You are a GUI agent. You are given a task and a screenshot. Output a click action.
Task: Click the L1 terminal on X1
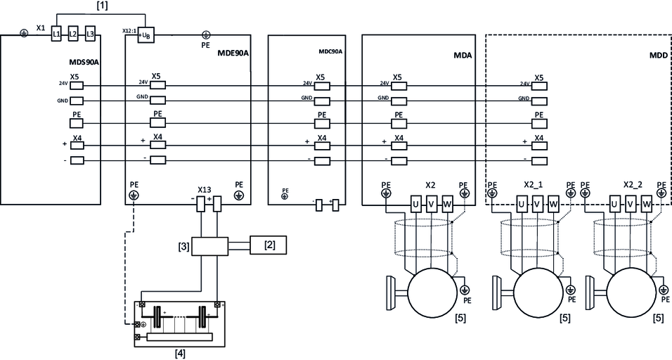58,34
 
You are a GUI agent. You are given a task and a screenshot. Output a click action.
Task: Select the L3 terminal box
89,34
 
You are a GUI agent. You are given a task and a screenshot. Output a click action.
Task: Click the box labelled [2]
269,245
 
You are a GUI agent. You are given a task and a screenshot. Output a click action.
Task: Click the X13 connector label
205,190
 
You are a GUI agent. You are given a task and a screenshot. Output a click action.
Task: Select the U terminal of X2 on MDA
415,204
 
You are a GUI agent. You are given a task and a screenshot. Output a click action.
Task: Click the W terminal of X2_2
647,204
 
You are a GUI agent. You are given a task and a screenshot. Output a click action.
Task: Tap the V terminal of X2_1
536,204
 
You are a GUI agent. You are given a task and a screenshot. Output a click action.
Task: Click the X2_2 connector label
633,184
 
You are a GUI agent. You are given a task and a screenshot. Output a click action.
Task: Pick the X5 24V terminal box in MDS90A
77,84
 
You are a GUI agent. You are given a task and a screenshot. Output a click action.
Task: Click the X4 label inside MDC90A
321,137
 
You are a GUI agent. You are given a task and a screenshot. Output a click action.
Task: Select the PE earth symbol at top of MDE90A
207,34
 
